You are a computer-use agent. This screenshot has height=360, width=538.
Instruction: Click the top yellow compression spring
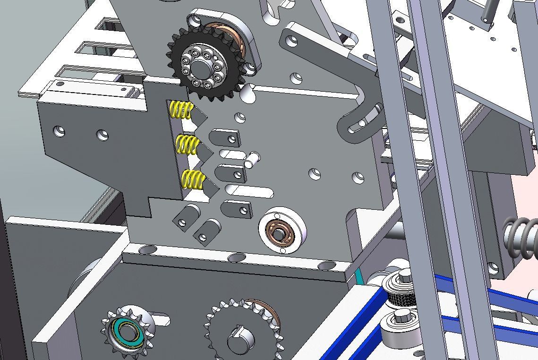coord(181,110)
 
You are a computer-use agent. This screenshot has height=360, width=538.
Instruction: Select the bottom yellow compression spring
coord(193,180)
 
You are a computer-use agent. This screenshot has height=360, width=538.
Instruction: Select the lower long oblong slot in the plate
coord(249,191)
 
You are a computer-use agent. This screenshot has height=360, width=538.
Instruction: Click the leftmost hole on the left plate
coord(59,131)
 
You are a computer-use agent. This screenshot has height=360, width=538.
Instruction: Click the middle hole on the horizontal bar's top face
coord(236,257)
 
